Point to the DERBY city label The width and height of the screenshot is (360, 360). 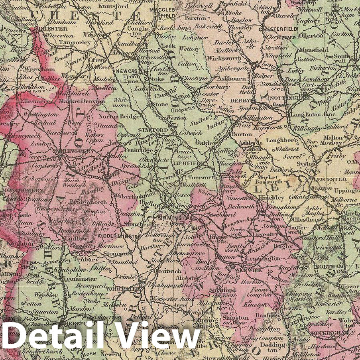click(241, 100)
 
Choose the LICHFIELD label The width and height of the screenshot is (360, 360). click(193, 164)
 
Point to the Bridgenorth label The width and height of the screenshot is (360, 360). click(86, 202)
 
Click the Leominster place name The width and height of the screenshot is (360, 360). click(81, 279)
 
